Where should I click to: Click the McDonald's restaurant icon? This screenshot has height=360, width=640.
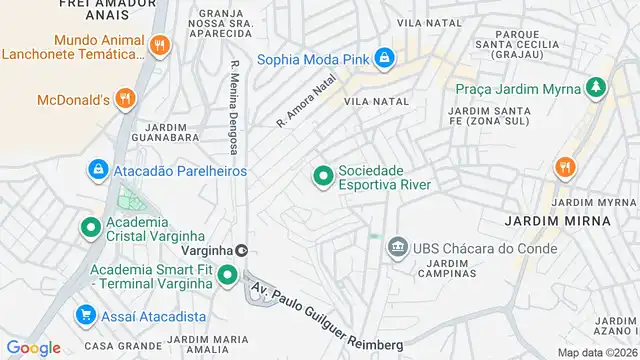pyautogui.click(x=124, y=98)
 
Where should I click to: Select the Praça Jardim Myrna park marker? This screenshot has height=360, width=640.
pyautogui.click(x=597, y=88)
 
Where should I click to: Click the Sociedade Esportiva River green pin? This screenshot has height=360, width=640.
pyautogui.click(x=323, y=177)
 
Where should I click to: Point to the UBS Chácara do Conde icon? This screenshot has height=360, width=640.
pyautogui.click(x=397, y=247)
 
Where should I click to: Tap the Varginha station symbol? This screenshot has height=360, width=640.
pyautogui.click(x=241, y=250)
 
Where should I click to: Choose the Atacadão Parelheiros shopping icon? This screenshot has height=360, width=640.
pyautogui.click(x=98, y=170)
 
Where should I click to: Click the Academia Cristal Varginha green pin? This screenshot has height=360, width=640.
pyautogui.click(x=90, y=229)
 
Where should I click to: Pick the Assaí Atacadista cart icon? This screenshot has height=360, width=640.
pyautogui.click(x=85, y=316)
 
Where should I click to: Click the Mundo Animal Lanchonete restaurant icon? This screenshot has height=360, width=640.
pyautogui.click(x=159, y=46)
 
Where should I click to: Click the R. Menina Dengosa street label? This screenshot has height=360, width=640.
pyautogui.click(x=234, y=108)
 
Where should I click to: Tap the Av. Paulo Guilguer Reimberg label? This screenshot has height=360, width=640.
pyautogui.click(x=326, y=319)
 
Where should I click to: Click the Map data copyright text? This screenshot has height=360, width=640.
pyautogui.click(x=597, y=352)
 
